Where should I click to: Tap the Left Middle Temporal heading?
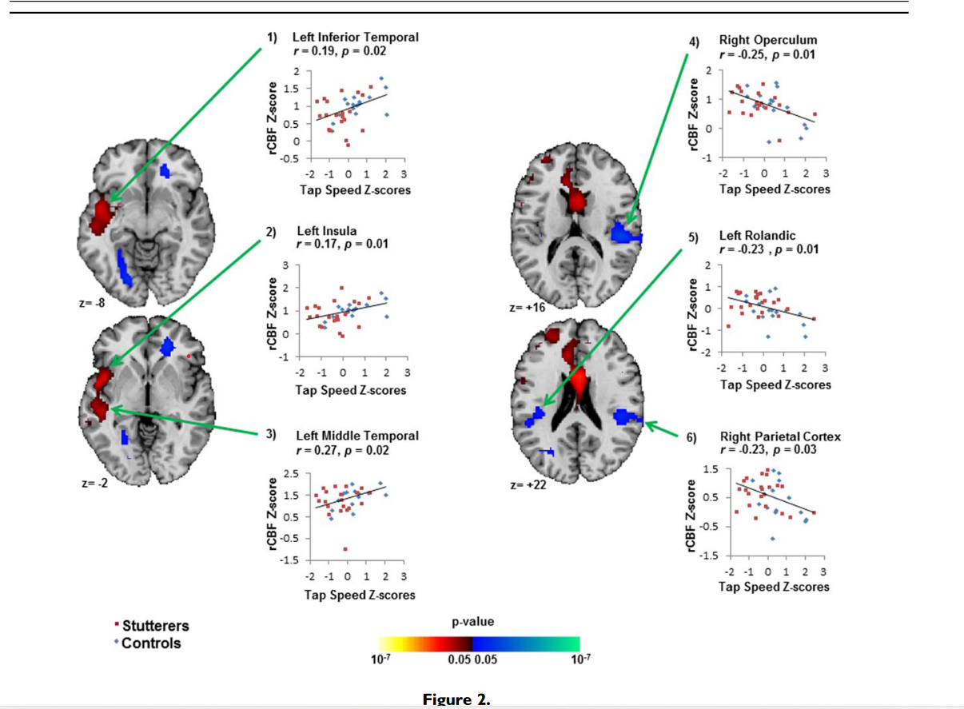(x=357, y=436)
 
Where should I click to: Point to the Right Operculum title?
(x=767, y=40)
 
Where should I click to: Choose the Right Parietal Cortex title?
(x=780, y=436)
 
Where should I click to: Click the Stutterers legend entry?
(x=155, y=626)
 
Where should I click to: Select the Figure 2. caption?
(x=456, y=700)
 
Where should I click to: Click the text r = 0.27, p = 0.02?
(x=343, y=450)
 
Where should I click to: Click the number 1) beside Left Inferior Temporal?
(x=273, y=38)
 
